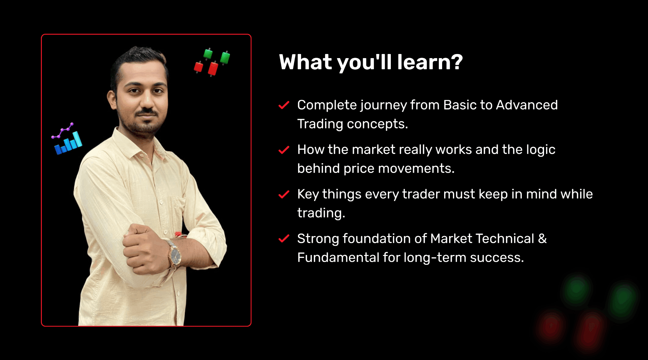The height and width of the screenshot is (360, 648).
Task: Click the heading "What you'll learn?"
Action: click(x=371, y=62)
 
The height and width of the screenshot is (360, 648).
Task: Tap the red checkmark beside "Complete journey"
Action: click(x=284, y=105)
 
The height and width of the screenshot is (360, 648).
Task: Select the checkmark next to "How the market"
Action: click(x=284, y=150)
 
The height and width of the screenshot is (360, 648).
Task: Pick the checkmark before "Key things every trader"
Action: click(x=284, y=194)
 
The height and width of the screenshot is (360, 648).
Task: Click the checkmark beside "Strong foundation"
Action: click(x=284, y=239)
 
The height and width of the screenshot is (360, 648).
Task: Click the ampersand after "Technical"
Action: click(x=542, y=239)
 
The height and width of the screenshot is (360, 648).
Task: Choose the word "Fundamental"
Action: click(x=338, y=258)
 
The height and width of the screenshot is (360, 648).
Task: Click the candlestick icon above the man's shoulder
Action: click(x=212, y=62)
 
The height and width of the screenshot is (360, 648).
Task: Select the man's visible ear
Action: click(x=112, y=100)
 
